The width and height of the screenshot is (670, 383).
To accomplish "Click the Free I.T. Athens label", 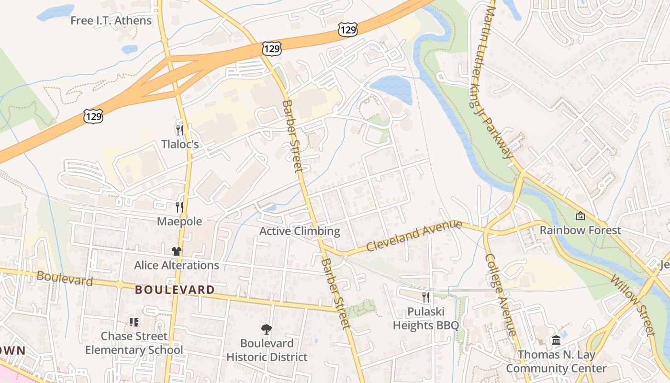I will (111, 21).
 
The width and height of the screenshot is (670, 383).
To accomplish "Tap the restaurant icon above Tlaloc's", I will (180, 130).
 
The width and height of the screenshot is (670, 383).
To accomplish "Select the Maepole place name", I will (179, 222).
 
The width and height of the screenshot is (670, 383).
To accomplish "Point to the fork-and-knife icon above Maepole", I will (179, 207).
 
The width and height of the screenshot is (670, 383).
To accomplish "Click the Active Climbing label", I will (300, 231).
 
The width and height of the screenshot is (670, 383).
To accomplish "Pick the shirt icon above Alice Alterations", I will (177, 251).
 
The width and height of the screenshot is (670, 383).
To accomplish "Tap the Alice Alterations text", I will (177, 265).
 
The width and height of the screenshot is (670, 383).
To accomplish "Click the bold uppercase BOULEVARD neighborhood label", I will (175, 290).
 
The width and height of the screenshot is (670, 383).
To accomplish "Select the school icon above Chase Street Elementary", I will (134, 322).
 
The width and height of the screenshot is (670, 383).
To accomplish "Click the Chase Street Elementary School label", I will (134, 343).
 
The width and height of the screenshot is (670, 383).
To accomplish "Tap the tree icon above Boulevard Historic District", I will (267, 329).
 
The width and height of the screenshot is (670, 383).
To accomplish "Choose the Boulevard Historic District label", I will (267, 350).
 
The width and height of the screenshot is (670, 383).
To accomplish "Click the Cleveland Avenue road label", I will (414, 236).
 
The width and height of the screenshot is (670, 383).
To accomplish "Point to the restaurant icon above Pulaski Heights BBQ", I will (426, 297).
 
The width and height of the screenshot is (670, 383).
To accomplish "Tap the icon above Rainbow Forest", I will (580, 216).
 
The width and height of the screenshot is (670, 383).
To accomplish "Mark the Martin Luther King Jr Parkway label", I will (500, 81).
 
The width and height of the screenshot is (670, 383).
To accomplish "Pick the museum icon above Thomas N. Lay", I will (556, 340).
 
